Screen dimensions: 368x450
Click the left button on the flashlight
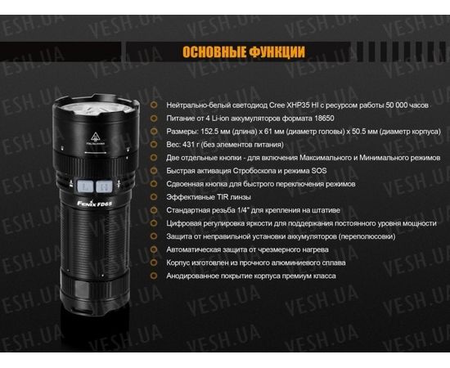(82, 186)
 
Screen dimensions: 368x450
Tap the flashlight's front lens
(91, 105)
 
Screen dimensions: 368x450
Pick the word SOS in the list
(318, 171)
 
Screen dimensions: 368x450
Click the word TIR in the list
(211, 197)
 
